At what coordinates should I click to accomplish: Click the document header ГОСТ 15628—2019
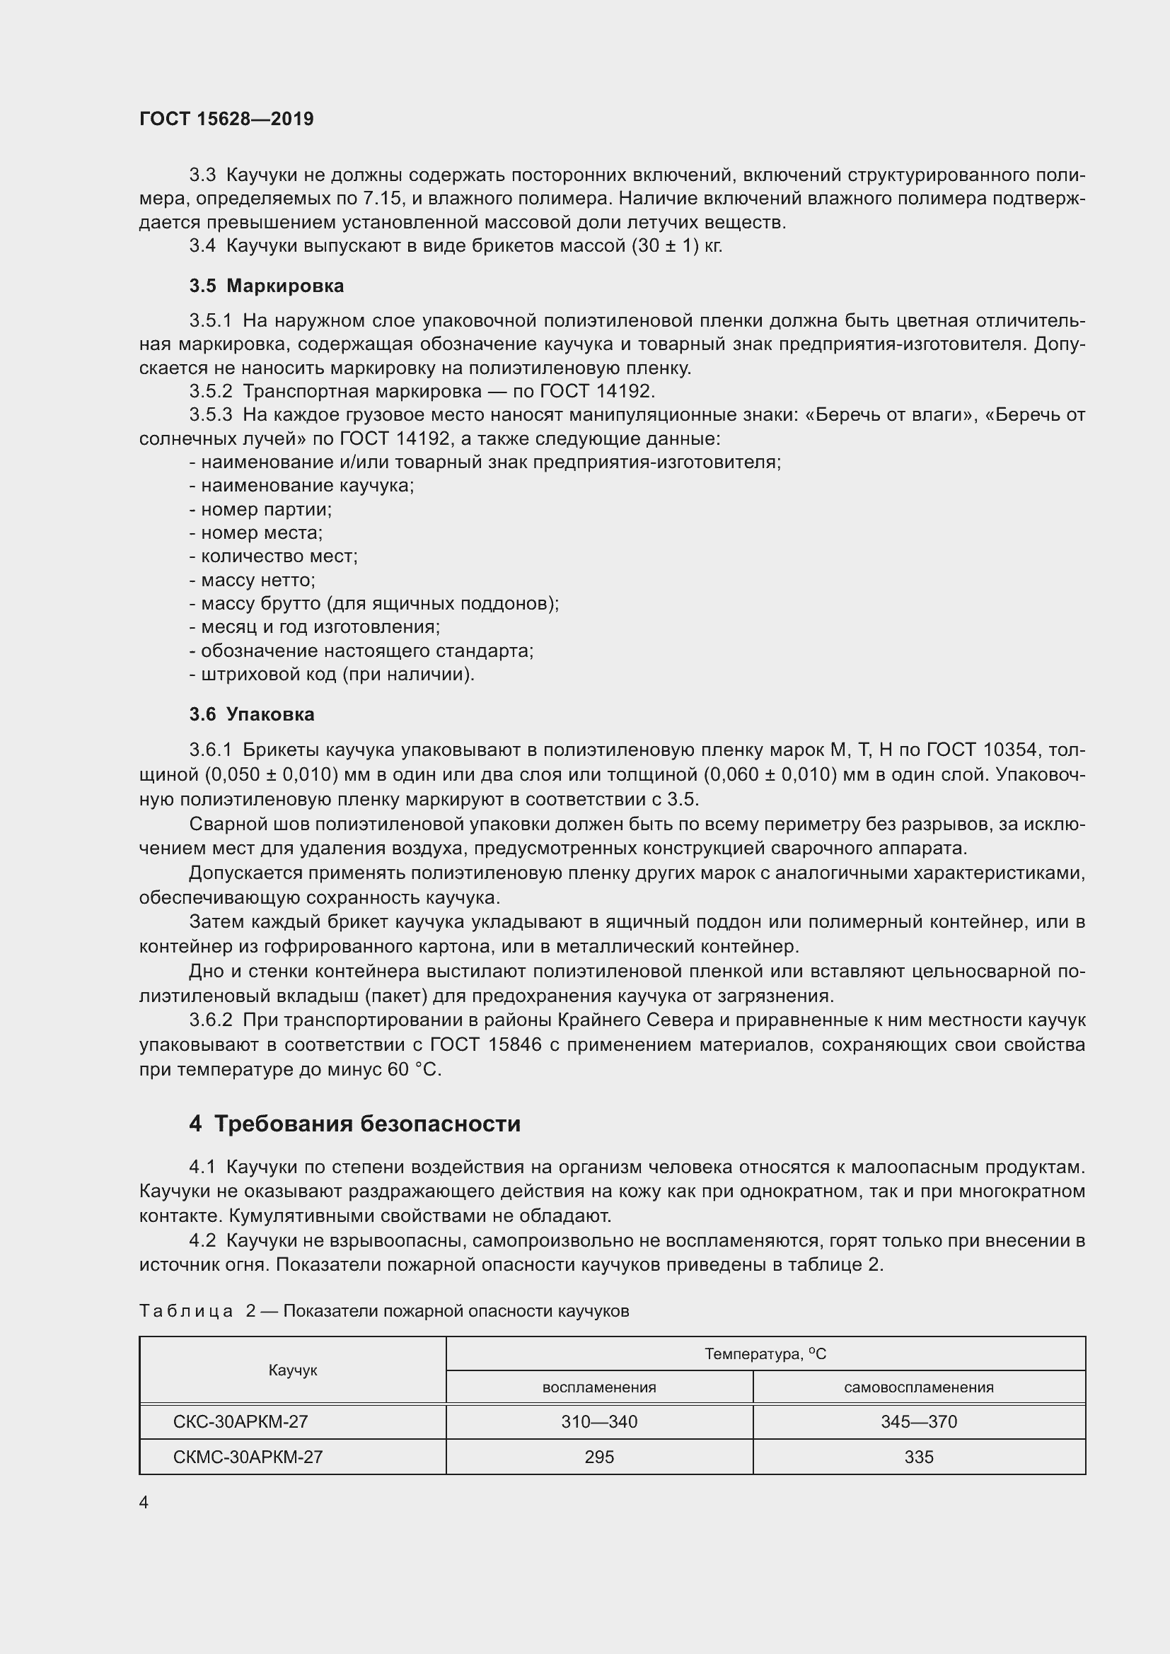pos(226,120)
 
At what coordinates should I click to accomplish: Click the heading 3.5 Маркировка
pos(267,286)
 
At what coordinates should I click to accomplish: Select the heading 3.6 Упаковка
pos(252,715)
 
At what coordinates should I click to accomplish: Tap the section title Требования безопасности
pos(366,1124)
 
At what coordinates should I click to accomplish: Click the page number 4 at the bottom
pos(144,1502)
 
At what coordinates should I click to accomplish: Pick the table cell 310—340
pos(598,1421)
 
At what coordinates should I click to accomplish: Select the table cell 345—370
pos(919,1421)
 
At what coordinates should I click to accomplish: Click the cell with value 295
pos(598,1457)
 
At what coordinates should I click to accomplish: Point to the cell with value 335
pos(919,1457)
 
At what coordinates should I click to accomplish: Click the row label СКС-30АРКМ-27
pos(241,1421)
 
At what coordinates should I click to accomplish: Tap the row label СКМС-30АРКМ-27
pos(248,1457)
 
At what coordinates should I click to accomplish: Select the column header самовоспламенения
pos(919,1387)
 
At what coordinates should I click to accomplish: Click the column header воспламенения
pos(598,1387)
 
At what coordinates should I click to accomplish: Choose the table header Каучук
pos(293,1370)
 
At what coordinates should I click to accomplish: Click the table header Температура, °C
pos(765,1354)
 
